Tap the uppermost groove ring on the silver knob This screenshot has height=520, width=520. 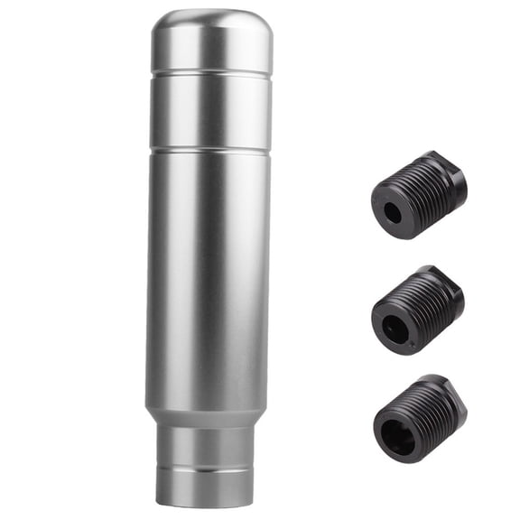(x=210, y=72)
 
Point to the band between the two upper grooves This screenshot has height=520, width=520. (x=209, y=110)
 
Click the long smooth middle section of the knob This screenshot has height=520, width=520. (x=209, y=271)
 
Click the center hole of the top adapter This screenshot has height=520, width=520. (x=391, y=212)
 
